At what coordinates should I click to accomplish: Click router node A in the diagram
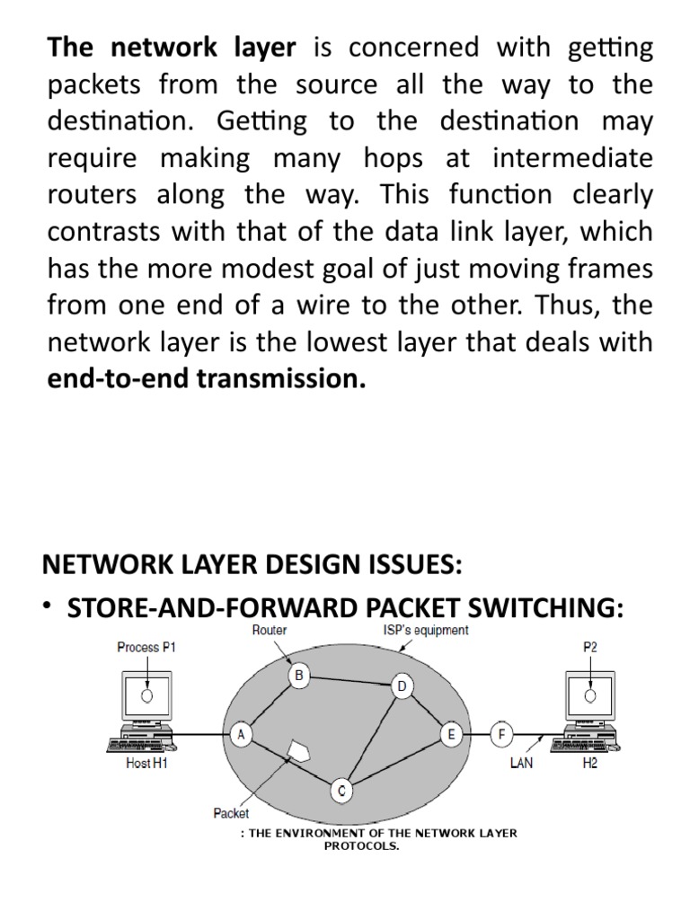click(x=241, y=734)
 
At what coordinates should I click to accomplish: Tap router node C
click(x=341, y=791)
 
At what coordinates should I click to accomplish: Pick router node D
click(x=402, y=687)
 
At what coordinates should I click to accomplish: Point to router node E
click(x=450, y=734)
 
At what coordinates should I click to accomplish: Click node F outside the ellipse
click(x=502, y=734)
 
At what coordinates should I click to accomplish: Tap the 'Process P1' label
click(x=147, y=647)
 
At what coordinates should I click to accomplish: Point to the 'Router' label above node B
click(x=270, y=630)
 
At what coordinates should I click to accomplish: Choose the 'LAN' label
click(x=522, y=766)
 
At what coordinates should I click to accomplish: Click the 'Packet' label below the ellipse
click(x=231, y=813)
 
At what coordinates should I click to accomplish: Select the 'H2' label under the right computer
click(x=589, y=766)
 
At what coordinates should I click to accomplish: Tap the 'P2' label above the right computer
click(x=589, y=647)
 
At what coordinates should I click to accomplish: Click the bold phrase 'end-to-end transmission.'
click(x=207, y=379)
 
